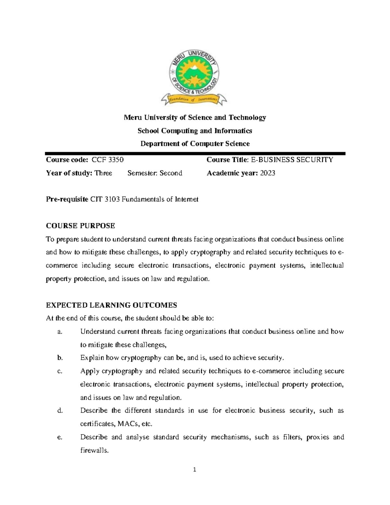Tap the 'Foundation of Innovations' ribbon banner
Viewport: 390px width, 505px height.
click(194, 99)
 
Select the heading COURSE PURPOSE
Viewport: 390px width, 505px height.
click(80, 226)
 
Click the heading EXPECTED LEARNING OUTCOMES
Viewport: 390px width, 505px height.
click(111, 305)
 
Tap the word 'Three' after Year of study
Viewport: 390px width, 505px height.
click(103, 173)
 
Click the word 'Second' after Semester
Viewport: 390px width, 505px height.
click(171, 173)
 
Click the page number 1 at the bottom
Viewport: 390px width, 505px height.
click(194, 470)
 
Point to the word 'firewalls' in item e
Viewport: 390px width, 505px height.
click(93, 451)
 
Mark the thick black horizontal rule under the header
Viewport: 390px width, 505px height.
click(195, 153)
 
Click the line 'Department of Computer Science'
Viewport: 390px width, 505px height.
click(195, 144)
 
